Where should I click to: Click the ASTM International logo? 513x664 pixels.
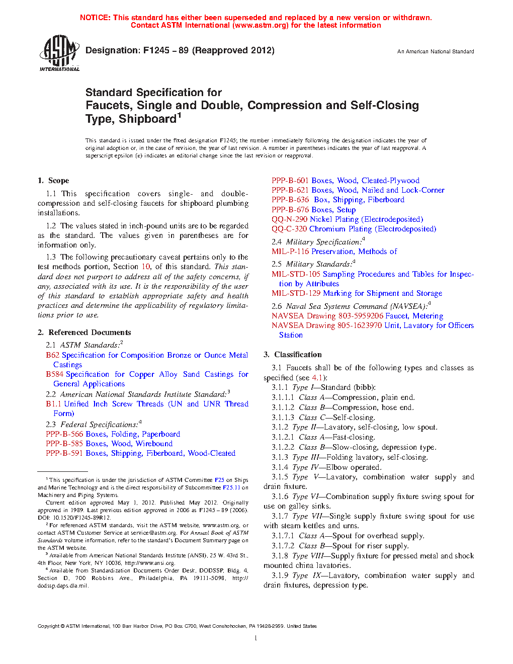click(59, 53)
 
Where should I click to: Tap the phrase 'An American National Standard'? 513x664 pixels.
click(435, 51)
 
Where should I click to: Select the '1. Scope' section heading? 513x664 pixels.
click(53, 181)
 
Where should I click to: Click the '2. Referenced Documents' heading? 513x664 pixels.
click(84, 333)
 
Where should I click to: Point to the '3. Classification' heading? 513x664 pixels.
click(293, 355)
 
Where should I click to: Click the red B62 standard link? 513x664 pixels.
click(52, 355)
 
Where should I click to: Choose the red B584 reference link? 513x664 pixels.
click(54, 374)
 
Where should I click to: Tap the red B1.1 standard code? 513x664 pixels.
click(53, 404)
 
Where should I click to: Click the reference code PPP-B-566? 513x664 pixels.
click(64, 434)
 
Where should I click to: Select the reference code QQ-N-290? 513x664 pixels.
click(290, 219)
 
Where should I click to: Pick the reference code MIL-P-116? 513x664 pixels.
click(290, 252)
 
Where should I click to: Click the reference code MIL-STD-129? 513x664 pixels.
click(296, 293)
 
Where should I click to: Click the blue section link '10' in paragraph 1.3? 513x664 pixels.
click(146, 267)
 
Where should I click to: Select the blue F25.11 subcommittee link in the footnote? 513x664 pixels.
click(231, 487)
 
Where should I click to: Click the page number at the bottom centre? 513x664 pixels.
click(256, 638)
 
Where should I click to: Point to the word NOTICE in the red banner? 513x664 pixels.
click(95, 18)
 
